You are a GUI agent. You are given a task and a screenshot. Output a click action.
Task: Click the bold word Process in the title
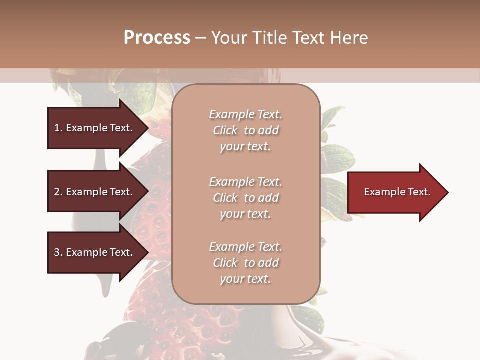point(157,38)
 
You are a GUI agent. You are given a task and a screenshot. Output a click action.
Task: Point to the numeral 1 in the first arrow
point(57,128)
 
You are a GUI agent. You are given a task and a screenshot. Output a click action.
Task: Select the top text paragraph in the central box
point(245,130)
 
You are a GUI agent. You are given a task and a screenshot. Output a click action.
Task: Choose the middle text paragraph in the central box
point(245,198)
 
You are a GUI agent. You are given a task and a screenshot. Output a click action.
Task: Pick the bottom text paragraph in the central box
point(245,263)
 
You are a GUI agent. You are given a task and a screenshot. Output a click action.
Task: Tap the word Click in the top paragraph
point(225,130)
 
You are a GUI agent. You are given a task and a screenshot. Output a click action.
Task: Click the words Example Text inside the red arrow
point(397,192)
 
